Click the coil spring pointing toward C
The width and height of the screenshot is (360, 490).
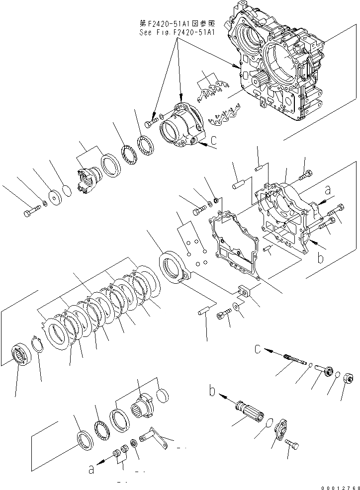coord(294,360)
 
